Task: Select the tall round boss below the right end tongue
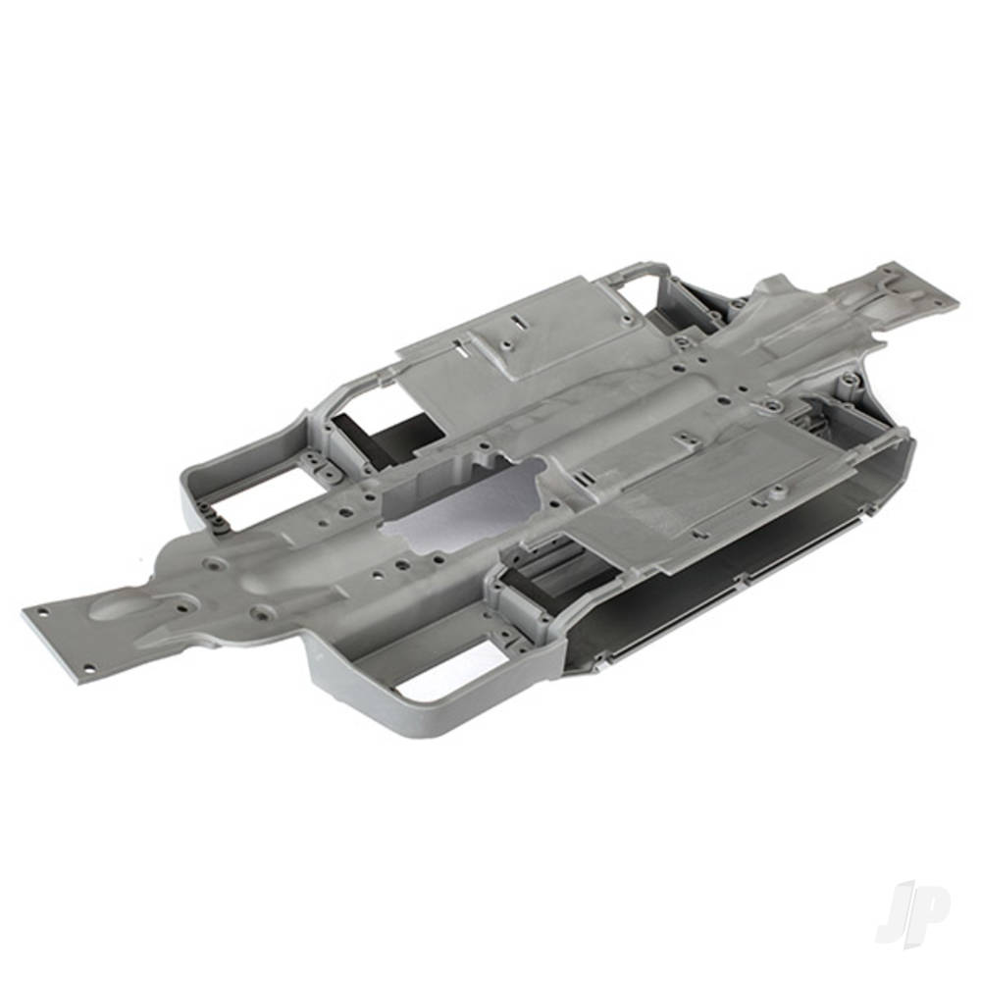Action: click(x=846, y=377)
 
